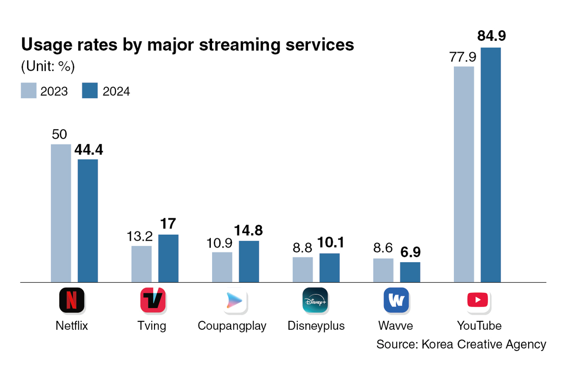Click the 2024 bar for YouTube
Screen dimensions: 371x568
490,164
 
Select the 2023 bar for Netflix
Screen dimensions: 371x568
61,213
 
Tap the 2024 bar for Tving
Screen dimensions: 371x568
168,258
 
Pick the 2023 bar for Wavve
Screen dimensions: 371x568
383,270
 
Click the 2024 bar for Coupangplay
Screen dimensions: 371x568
249,261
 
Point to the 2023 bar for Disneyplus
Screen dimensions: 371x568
303,269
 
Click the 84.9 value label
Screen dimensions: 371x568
492,36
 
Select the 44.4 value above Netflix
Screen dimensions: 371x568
89,150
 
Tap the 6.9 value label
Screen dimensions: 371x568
410,253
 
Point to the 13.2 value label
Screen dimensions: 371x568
141,236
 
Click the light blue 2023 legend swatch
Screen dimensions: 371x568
28,91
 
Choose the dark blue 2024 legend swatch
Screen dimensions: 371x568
90,91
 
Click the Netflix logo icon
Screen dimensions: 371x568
71,300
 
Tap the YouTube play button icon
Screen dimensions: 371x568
477,300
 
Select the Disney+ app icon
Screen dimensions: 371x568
315,300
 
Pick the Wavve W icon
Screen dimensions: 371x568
395,300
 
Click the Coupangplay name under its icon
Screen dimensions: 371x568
232,326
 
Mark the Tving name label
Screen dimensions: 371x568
152,326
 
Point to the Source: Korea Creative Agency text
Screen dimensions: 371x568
461,344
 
